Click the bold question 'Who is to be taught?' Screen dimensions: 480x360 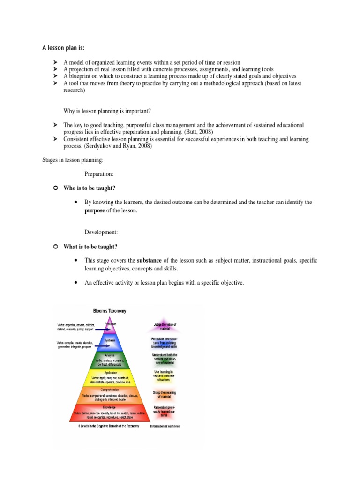point(90,188)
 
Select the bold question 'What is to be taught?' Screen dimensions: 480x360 point(91,247)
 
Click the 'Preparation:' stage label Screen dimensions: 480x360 point(99,174)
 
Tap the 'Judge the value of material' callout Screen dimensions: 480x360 point(165,327)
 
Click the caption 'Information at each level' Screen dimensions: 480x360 point(165,426)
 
